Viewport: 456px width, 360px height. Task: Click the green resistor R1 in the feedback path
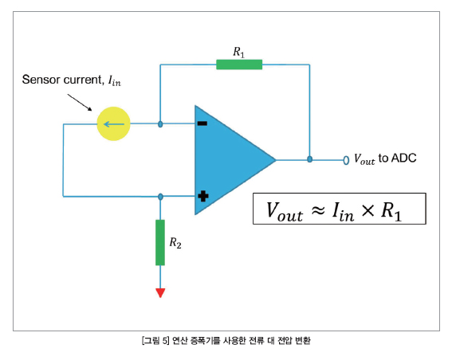tap(239, 65)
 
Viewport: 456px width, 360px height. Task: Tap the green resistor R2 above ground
tap(160, 243)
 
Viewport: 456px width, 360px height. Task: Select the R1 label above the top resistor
tap(238, 53)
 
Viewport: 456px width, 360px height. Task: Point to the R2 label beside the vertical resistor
tap(175, 243)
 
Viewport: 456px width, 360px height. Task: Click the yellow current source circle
tap(113, 123)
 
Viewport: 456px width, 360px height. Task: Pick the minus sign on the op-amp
tap(202, 123)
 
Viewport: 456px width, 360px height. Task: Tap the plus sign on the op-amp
tap(203, 196)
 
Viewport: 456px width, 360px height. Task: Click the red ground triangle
tap(160, 292)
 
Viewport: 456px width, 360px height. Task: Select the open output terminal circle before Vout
tap(346, 160)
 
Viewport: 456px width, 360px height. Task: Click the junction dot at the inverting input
tap(160, 124)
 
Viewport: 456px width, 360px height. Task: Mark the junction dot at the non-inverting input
tap(160, 197)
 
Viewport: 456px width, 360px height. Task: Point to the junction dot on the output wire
tap(310, 159)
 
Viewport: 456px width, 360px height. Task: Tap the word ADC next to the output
tap(403, 158)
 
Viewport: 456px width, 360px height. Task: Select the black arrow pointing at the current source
tap(80, 102)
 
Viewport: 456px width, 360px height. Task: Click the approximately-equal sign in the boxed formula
tap(318, 209)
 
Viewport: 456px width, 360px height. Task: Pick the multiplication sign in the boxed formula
tap(368, 210)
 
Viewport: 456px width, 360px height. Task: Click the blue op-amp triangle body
tap(227, 160)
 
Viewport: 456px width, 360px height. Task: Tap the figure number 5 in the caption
tap(164, 340)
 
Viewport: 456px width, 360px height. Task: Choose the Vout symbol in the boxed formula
tap(285, 212)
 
